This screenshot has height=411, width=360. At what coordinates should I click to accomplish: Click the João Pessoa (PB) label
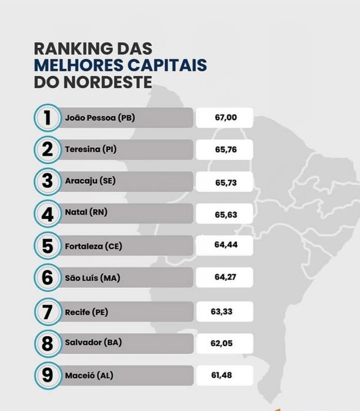[x=100, y=117]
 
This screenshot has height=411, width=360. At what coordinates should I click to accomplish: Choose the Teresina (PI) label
[x=90, y=150]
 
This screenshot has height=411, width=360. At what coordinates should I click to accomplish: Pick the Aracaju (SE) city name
[x=90, y=181]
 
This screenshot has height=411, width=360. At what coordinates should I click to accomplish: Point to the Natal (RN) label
[x=86, y=213]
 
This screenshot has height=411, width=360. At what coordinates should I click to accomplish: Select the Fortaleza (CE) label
[x=93, y=246]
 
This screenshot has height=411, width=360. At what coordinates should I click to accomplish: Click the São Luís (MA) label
[x=92, y=278]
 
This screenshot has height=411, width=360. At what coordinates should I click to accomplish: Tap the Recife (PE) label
[x=86, y=312]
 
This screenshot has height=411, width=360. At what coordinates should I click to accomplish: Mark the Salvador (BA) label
[x=93, y=342]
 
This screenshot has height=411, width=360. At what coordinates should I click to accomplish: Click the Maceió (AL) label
[x=89, y=375]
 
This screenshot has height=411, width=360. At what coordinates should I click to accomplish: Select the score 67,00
[x=226, y=117]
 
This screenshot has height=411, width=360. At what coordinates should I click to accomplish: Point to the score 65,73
[x=226, y=183]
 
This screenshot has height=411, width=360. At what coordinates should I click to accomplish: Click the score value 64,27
[x=225, y=277]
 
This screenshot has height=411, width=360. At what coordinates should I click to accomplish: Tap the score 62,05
[x=221, y=343]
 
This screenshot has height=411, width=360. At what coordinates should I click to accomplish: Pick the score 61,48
[x=221, y=375]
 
